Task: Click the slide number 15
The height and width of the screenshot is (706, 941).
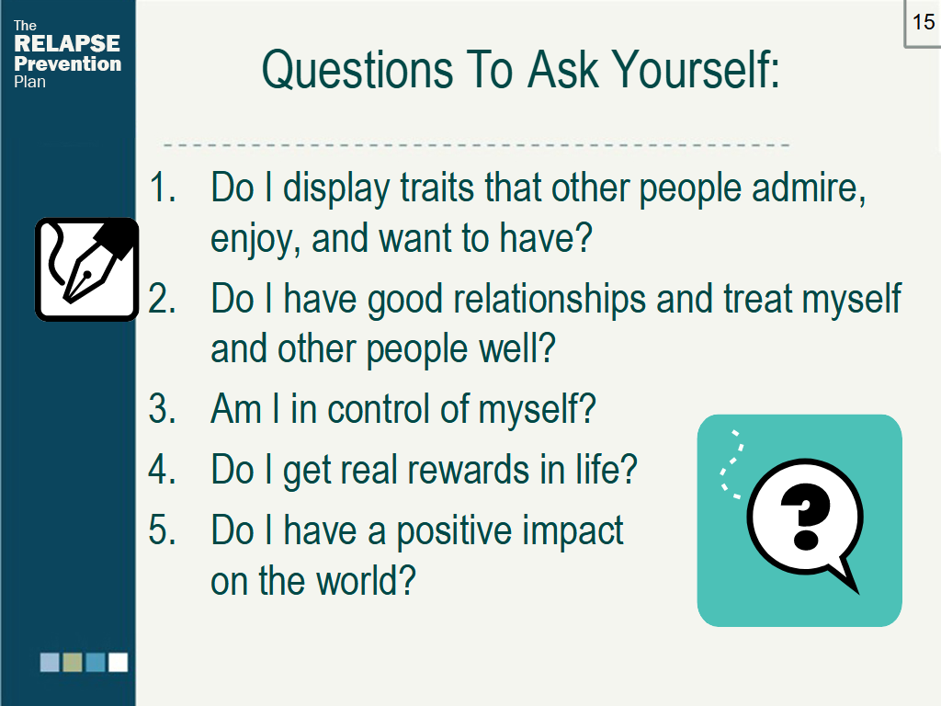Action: [923, 22]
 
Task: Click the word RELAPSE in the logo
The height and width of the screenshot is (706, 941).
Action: [67, 44]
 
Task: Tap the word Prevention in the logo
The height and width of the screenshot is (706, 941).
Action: [67, 63]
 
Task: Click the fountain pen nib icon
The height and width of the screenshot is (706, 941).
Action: [86, 269]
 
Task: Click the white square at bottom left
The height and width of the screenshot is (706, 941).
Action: [119, 662]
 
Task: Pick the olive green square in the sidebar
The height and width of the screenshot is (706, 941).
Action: [73, 662]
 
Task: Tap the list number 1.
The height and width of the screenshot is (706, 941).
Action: [162, 188]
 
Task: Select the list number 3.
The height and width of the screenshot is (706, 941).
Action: [162, 408]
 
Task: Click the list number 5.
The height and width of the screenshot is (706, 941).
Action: [162, 531]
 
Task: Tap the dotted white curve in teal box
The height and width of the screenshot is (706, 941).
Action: [731, 464]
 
